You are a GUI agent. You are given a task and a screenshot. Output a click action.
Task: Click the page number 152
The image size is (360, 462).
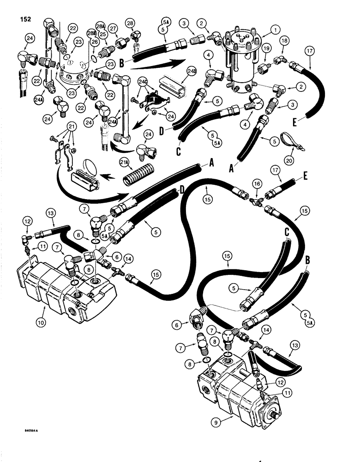click(x=26, y=19)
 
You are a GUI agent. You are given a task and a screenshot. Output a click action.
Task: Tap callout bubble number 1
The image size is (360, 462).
click(x=276, y=29)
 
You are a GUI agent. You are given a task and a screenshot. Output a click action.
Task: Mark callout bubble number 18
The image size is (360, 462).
click(x=283, y=41)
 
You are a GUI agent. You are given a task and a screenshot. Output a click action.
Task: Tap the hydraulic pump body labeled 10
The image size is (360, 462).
click(x=69, y=293)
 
